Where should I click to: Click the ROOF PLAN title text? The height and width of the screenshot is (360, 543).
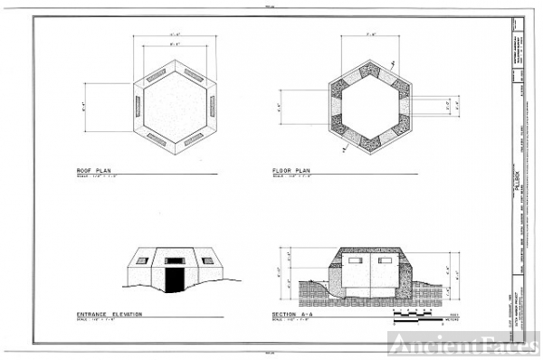click(x=95, y=169)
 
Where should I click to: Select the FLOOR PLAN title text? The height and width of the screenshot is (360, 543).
click(x=291, y=169)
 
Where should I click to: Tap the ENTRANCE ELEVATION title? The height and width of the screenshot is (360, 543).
click(x=110, y=314)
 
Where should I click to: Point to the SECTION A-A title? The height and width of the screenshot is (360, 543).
click(x=291, y=314)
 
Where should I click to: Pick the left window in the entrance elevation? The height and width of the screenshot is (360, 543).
click(x=142, y=261)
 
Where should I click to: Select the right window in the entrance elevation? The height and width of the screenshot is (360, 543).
click(x=207, y=261)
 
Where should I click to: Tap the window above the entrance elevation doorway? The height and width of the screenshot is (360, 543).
click(x=175, y=261)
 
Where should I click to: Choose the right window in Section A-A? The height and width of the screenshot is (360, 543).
click(x=386, y=261)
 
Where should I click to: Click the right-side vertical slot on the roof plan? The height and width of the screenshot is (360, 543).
click(x=212, y=107)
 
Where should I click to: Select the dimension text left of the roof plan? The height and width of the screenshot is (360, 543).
click(x=83, y=106)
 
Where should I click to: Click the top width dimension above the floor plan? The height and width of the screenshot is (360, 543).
click(x=370, y=34)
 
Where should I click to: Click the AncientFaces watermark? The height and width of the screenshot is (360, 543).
click(x=463, y=343)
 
